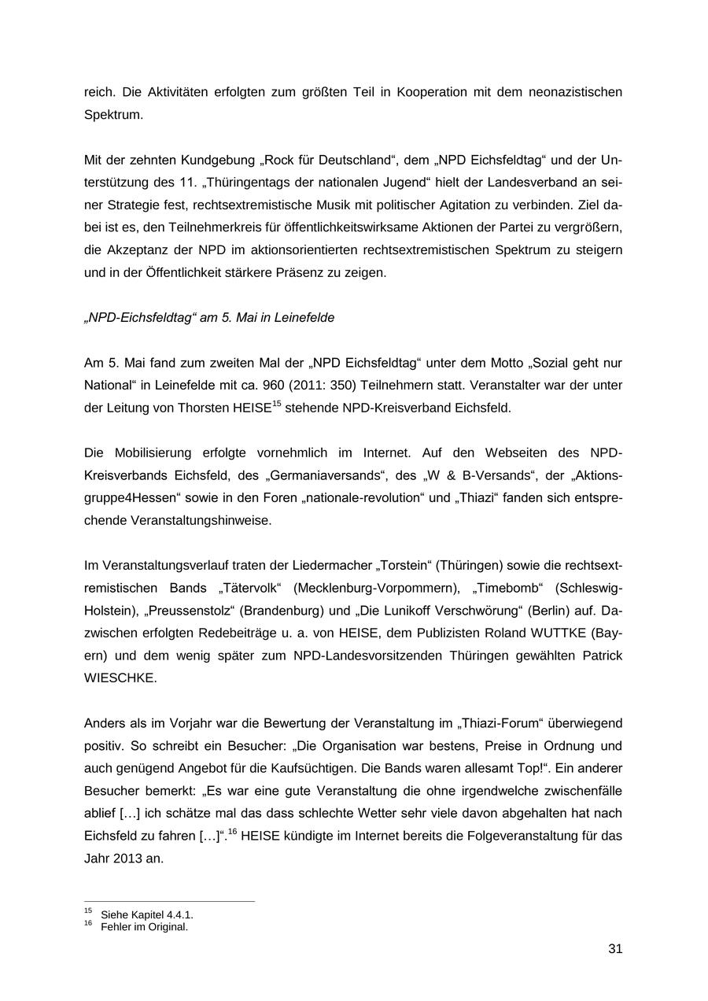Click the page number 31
click(615, 949)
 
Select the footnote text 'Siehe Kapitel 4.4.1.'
click(147, 914)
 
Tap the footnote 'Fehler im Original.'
click(145, 926)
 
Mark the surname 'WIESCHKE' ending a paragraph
click(120, 678)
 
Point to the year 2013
click(127, 859)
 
